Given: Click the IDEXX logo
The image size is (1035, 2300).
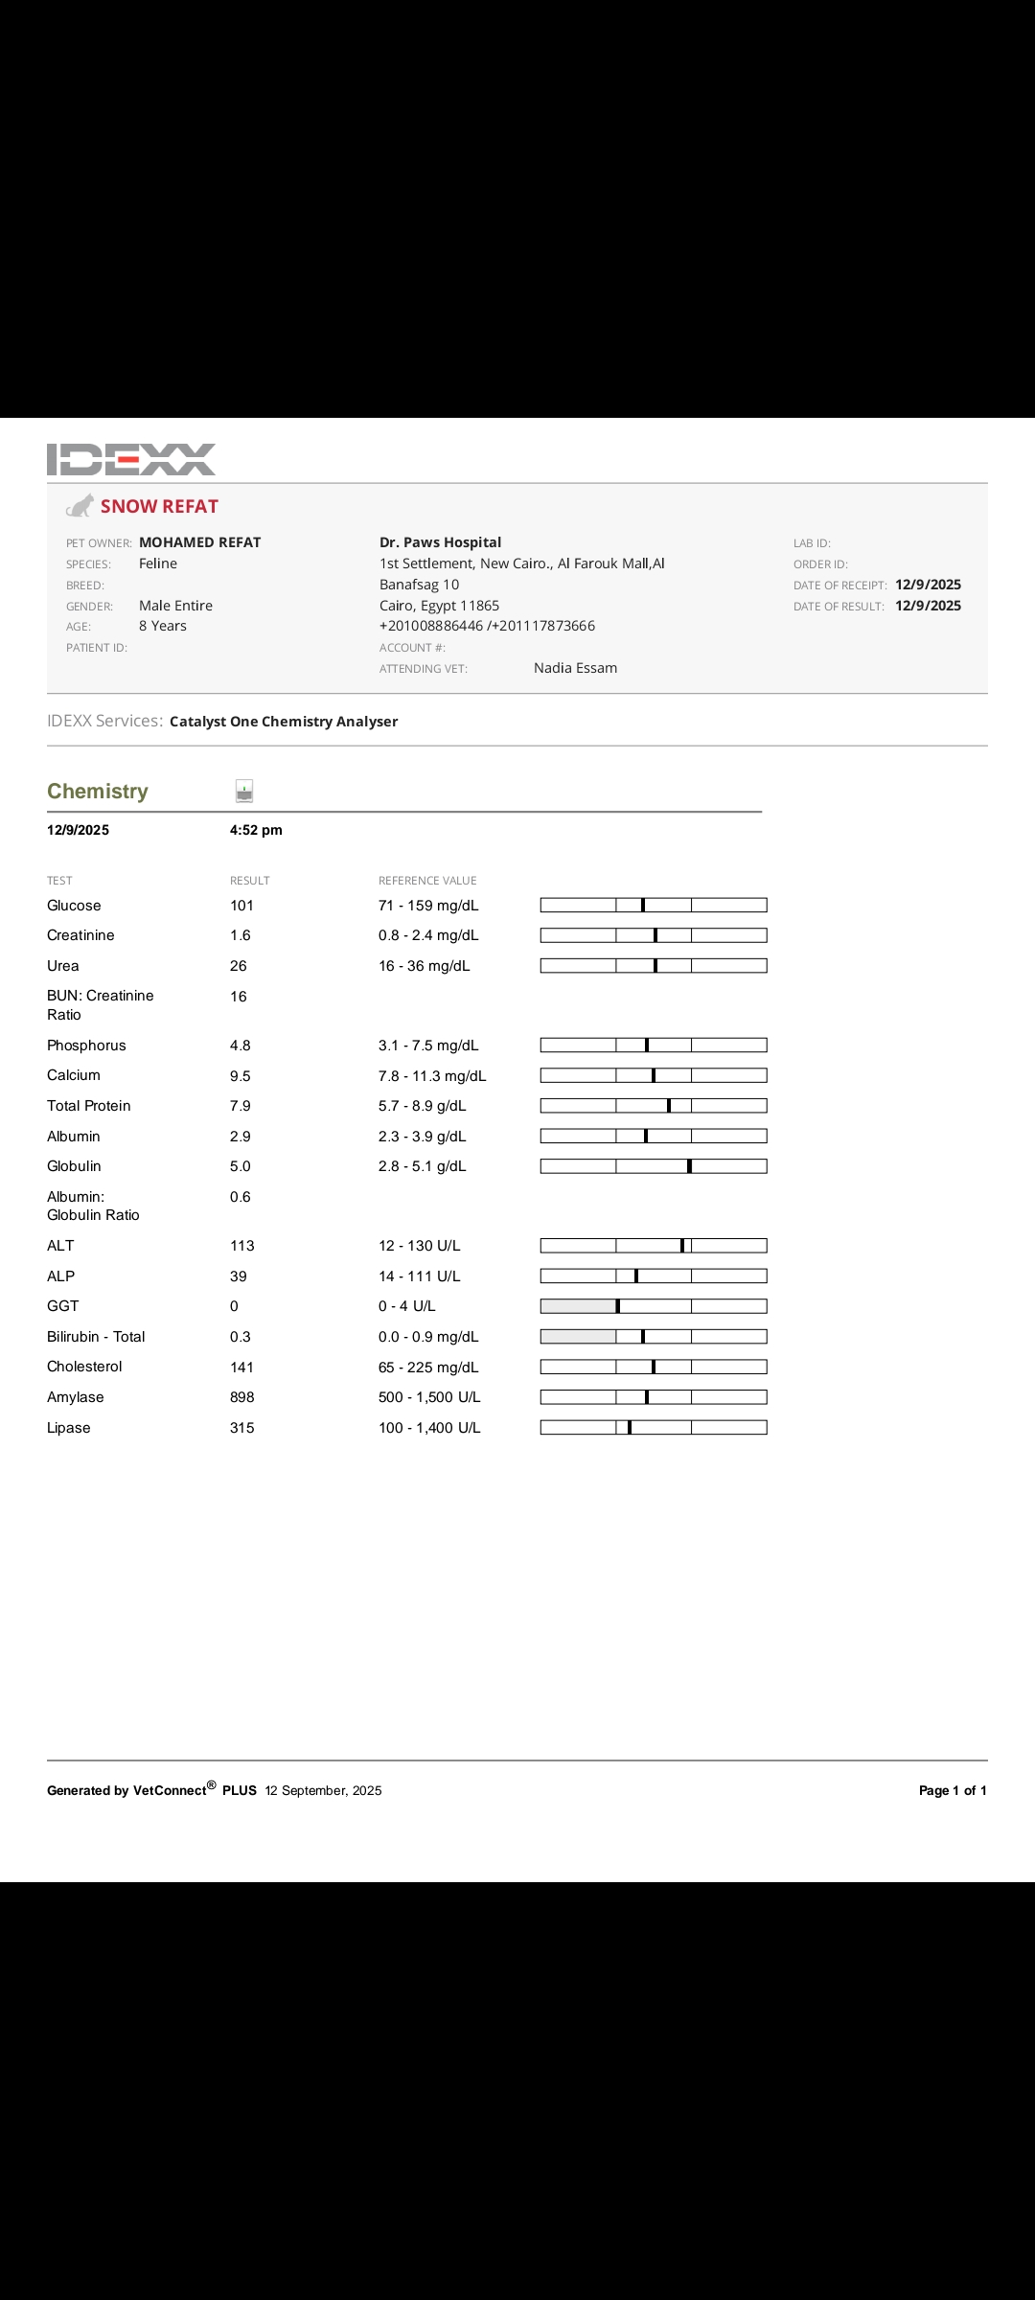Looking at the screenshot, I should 131,459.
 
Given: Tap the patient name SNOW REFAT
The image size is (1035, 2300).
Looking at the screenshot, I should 159,506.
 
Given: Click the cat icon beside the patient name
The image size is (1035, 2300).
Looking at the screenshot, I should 80,505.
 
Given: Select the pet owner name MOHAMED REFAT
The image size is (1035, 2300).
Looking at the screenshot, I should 199,542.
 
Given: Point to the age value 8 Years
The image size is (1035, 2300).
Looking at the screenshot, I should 163,626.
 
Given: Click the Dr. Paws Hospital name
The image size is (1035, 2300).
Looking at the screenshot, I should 440,542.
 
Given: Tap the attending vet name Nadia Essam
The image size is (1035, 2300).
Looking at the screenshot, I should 575,668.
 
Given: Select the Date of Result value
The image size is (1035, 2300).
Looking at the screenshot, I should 928,606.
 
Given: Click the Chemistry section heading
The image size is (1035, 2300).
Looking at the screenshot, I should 98,792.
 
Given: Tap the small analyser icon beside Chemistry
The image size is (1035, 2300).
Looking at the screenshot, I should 244,791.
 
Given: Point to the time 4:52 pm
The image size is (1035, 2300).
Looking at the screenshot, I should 256,830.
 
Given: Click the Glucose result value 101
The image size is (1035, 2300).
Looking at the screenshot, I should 241,906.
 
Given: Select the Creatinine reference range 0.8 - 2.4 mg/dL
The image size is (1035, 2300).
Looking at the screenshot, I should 428,935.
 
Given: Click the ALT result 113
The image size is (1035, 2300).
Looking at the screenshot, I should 242,1246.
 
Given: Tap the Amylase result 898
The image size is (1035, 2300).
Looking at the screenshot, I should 242,1397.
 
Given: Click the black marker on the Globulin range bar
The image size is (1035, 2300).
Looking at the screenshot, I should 690,1166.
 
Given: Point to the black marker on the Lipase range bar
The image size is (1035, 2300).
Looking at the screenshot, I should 630,1428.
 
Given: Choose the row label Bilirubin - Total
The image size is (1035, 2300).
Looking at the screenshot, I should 96,1337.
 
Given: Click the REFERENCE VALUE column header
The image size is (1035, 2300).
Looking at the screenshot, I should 427,881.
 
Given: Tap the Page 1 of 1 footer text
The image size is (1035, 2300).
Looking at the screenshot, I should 953,1790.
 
